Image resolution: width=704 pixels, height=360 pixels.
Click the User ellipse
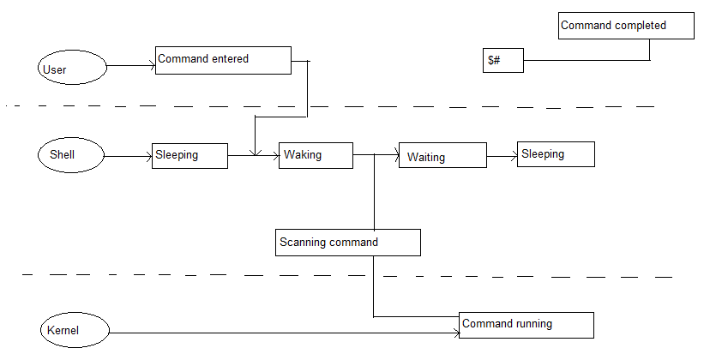[72, 68]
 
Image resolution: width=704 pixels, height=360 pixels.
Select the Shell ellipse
[71, 155]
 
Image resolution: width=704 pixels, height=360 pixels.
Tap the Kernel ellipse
[75, 329]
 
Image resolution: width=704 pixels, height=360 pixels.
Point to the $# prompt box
[502, 61]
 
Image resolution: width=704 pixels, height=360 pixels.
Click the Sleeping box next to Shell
[190, 156]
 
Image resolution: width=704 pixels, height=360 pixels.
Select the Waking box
[316, 156]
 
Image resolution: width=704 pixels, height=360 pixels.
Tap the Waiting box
[442, 156]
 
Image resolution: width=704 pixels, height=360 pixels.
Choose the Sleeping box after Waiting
[556, 154]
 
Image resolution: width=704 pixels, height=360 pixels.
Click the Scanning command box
[348, 243]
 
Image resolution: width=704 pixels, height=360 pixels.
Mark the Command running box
[526, 325]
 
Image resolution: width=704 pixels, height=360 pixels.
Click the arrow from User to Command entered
[130, 65]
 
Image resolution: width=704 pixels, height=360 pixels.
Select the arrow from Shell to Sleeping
[128, 157]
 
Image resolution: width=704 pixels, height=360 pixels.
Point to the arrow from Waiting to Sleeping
[502, 156]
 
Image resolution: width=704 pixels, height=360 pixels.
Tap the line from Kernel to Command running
[283, 333]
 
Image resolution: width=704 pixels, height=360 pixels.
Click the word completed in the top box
[637, 26]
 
